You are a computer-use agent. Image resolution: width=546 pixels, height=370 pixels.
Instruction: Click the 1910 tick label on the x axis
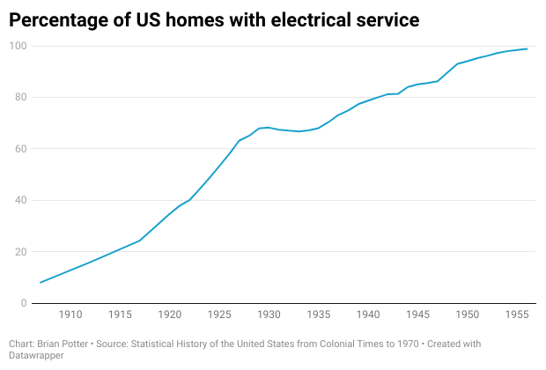[x=71, y=314]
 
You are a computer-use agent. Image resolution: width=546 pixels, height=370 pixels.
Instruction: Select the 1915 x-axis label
[x=121, y=314]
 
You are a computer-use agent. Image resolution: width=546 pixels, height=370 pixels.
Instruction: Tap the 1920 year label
[x=171, y=314]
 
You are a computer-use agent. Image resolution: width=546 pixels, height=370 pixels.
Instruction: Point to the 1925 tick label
[x=220, y=314]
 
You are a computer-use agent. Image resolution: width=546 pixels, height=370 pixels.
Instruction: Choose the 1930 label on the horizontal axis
[x=269, y=314]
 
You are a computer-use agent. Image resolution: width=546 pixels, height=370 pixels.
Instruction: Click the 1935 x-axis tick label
[x=319, y=314]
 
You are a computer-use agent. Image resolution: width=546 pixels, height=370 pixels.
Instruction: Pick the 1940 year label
[x=369, y=314]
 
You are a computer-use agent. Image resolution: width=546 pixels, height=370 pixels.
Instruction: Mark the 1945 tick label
[x=418, y=314]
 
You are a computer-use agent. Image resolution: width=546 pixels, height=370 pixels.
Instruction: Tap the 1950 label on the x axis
[x=468, y=314]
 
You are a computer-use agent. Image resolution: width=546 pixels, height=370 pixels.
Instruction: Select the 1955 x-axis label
[x=517, y=314]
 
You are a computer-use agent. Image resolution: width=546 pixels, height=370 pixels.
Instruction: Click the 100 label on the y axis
[x=18, y=46]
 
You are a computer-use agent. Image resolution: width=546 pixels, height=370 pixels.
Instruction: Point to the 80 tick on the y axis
[x=21, y=98]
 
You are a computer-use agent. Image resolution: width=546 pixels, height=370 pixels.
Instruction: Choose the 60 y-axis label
[x=21, y=149]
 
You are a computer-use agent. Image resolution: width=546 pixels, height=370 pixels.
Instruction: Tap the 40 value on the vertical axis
[x=21, y=201]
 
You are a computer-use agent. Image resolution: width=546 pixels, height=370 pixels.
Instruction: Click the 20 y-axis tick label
[x=21, y=252]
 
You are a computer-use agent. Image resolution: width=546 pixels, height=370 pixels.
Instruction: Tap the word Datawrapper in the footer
[x=36, y=355]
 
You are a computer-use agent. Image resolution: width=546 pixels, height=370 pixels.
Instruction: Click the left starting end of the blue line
[x=41, y=283]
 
